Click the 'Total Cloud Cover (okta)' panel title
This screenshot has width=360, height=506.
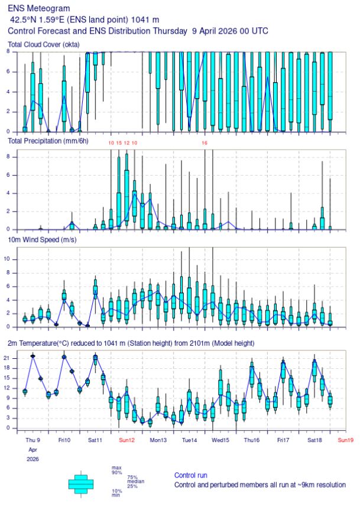[44, 45]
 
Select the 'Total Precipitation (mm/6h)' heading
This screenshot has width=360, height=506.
[48, 141]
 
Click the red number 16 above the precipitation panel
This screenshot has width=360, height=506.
[205, 143]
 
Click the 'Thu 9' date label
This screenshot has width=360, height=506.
[33, 440]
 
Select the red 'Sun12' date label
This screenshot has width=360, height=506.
[127, 440]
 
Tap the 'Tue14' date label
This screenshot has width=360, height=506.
[190, 440]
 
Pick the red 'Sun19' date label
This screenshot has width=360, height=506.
[345, 440]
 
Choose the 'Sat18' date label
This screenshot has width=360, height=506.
[314, 440]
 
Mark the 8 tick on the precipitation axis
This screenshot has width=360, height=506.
[12, 157]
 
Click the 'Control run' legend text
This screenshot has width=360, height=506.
[190, 475]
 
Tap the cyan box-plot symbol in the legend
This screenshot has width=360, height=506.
[81, 483]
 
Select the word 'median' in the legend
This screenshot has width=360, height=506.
[136, 481]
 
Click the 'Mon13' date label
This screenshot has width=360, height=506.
[158, 440]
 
